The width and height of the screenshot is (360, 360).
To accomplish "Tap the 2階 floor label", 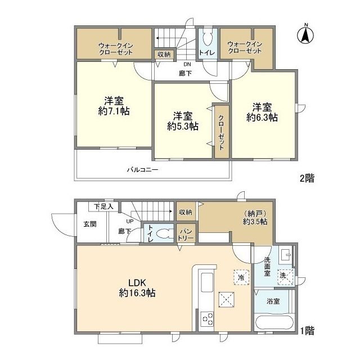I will (307, 178).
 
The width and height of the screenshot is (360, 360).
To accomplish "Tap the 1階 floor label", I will (307, 331).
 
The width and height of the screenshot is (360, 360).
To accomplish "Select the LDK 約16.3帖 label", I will (137, 287).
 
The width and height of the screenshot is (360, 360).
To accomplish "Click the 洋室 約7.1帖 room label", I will (114, 106).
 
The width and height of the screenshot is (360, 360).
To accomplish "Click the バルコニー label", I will (142, 169).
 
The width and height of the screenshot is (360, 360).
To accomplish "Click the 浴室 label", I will (273, 301).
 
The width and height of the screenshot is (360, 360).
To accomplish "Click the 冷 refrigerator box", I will (241, 277).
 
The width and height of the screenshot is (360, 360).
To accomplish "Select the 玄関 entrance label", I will (90, 224).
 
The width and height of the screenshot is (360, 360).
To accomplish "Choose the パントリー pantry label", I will (186, 235).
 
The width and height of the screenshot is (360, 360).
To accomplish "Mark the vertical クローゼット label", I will (221, 133).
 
